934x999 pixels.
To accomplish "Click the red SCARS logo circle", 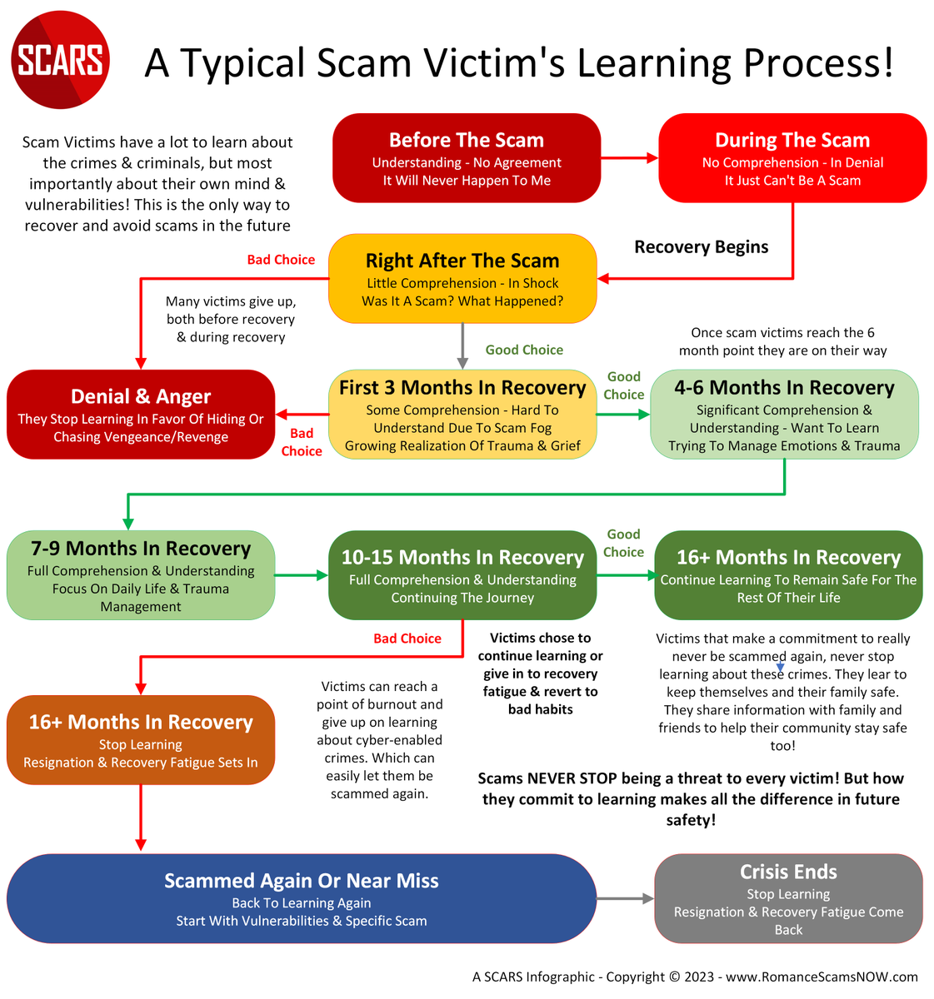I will (61, 60).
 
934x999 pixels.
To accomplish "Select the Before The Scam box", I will (467, 158).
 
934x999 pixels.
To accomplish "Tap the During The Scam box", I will (792, 158).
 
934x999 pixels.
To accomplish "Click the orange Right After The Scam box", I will (462, 279).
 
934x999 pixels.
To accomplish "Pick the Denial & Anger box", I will (141, 415).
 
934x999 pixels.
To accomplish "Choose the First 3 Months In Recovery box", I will (462, 415).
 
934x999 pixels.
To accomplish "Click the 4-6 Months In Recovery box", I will (784, 415).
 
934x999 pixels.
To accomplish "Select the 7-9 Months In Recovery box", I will (141, 575).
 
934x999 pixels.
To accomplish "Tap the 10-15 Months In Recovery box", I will (462, 575).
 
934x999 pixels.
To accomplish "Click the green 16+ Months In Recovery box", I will (788, 575).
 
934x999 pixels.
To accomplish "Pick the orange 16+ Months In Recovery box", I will (141, 740).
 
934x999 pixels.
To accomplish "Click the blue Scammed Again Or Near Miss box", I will (301, 898).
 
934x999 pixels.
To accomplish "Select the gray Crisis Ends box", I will (788, 898).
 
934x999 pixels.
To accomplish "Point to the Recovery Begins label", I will (702, 247).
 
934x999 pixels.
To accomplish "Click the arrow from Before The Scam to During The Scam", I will (629, 157).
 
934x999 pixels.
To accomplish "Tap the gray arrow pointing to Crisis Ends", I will (626, 898).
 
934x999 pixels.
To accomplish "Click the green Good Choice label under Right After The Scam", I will (524, 350).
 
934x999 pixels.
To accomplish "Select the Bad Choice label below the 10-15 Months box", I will (407, 639).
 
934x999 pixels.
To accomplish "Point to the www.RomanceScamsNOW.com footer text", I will (822, 977).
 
